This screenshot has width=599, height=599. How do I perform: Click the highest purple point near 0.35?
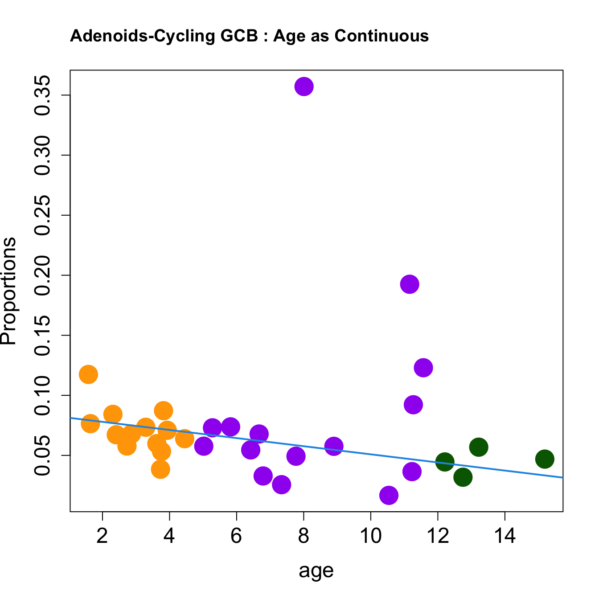click(x=304, y=86)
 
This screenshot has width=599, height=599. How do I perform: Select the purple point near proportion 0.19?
click(x=410, y=284)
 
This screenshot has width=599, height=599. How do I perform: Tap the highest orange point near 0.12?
click(x=88, y=374)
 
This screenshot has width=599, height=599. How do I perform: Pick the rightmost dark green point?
click(x=545, y=459)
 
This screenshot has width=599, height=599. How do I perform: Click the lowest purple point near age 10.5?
click(x=389, y=495)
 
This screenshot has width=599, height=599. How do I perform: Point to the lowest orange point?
click(x=160, y=469)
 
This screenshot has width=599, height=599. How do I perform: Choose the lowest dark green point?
click(x=463, y=477)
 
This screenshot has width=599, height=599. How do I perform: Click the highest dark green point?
click(x=479, y=447)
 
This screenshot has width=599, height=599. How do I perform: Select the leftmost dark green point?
click(x=445, y=461)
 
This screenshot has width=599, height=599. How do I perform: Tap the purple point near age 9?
click(x=334, y=446)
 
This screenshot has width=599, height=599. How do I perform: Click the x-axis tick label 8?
click(x=304, y=536)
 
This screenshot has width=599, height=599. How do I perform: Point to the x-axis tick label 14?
click(x=505, y=536)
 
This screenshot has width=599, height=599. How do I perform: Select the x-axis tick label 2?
click(x=103, y=536)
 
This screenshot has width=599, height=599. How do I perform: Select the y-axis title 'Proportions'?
click(x=9, y=291)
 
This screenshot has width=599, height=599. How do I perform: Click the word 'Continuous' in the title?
click(x=382, y=36)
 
